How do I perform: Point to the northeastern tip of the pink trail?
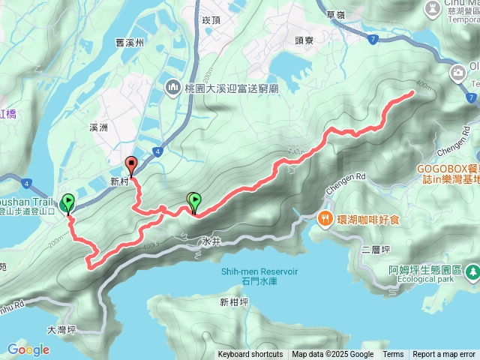(413, 92)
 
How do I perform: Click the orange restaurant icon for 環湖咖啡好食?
(325, 219)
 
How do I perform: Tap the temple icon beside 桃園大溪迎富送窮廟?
(173, 88)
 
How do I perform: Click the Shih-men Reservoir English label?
(260, 271)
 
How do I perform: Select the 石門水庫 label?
(260, 281)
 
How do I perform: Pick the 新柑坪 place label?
(234, 302)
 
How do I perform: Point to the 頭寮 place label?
(304, 42)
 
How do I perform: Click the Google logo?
(28, 349)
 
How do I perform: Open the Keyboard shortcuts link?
(250, 355)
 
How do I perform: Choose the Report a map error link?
(444, 355)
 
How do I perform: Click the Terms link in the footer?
(393, 355)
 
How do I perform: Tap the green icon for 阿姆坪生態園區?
(472, 271)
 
